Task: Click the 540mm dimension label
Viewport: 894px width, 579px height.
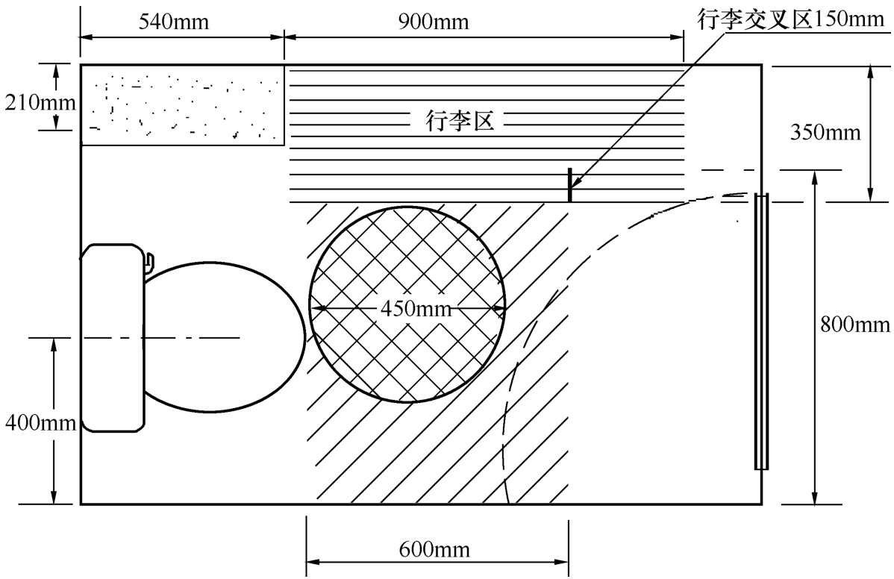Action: pyautogui.click(x=174, y=22)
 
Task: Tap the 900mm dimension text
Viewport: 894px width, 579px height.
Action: pyautogui.click(x=434, y=22)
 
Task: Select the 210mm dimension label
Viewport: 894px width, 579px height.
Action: pyautogui.click(x=40, y=102)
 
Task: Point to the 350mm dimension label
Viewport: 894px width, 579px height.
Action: pyautogui.click(x=825, y=132)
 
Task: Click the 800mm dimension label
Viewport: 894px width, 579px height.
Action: pyautogui.click(x=854, y=325)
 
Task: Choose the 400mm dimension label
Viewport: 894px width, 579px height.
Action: pyautogui.click(x=40, y=422)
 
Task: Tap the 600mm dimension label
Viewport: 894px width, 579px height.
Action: pyautogui.click(x=434, y=549)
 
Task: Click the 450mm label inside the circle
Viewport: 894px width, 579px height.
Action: pyautogui.click(x=416, y=309)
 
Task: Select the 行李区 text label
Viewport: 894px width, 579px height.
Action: pyautogui.click(x=460, y=122)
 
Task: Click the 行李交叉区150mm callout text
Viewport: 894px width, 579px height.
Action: pyautogui.click(x=790, y=19)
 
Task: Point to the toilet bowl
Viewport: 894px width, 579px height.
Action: pyautogui.click(x=224, y=337)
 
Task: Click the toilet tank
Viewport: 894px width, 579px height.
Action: pyautogui.click(x=113, y=337)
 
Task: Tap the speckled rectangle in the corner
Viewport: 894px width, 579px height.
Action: pyautogui.click(x=182, y=105)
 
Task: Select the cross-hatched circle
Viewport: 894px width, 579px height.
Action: pyautogui.click(x=407, y=304)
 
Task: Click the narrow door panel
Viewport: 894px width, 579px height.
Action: pyautogui.click(x=761, y=332)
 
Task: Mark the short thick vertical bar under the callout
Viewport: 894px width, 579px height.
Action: pyautogui.click(x=569, y=184)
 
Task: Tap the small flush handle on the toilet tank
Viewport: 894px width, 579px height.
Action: pyautogui.click(x=149, y=260)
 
